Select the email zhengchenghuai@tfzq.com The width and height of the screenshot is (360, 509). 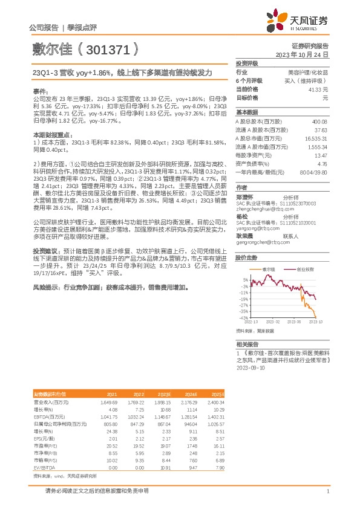pyautogui.click(x=258, y=209)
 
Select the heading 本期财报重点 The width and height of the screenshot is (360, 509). pyautogui.click(x=53, y=134)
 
